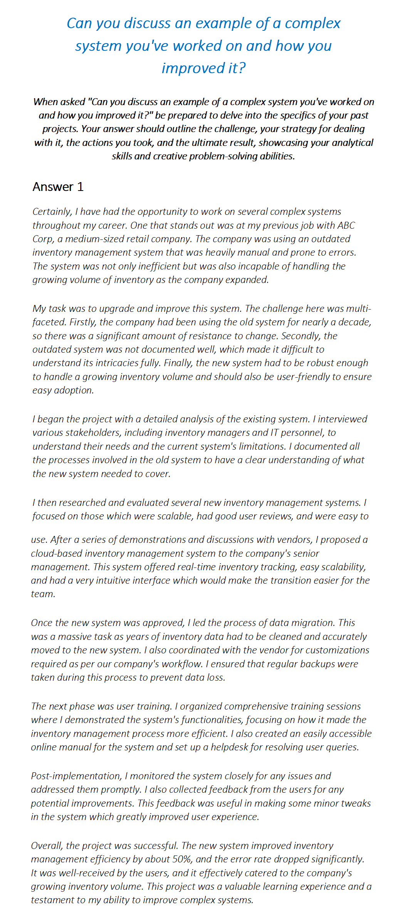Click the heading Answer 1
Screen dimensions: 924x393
58,187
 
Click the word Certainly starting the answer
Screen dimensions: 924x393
52,212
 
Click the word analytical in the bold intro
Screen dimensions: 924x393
354,143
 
